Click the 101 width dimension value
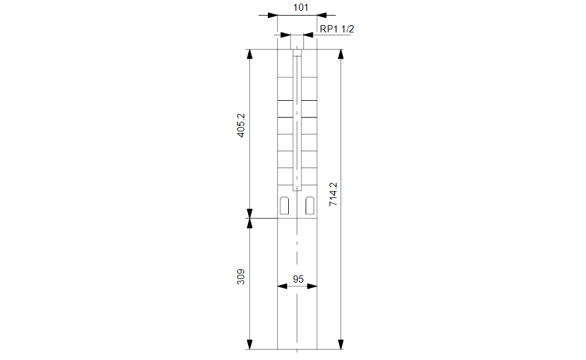pyautogui.click(x=300, y=7)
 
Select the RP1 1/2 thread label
pyautogui.click(x=337, y=29)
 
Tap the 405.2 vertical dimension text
pyautogui.click(x=241, y=125)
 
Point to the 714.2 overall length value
pyautogui.click(x=333, y=194)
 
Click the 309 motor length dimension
pyautogui.click(x=241, y=277)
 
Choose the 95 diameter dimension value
pyautogui.click(x=298, y=279)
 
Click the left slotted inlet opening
pyautogui.click(x=285, y=205)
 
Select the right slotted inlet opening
pyautogui.click(x=310, y=205)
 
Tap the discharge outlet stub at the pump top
pyautogui.click(x=297, y=42)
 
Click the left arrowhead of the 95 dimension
pyautogui.click(x=283, y=286)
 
